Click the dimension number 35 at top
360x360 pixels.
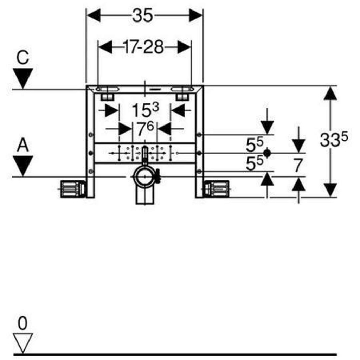tap(143, 16)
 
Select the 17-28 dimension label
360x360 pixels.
tap(144, 47)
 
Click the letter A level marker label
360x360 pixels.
tap(23, 145)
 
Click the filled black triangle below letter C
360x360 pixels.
tap(23, 78)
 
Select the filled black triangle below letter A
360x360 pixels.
tap(23, 165)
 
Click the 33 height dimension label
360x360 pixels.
tap(334, 140)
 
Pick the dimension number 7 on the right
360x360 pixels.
tap(298, 165)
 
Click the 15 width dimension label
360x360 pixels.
tap(145, 110)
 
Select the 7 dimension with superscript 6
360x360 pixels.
tap(145, 129)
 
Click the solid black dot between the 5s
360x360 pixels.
tap(267, 153)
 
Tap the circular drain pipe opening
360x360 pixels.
tap(144, 176)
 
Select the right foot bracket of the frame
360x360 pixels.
tap(217, 189)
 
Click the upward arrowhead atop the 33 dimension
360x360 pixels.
tap(330, 93)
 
